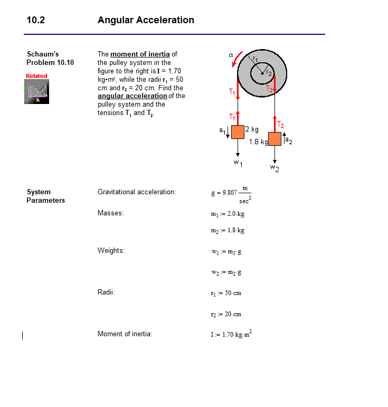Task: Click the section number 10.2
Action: click(x=36, y=21)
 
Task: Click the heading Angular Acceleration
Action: click(x=146, y=21)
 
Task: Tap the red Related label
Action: click(x=36, y=76)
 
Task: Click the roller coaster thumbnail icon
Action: click(x=36, y=93)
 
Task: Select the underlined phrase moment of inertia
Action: click(x=140, y=54)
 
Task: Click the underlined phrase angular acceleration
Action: click(x=132, y=96)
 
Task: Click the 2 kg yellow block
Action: click(x=238, y=131)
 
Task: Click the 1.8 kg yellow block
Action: click(x=275, y=139)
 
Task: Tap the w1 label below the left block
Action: click(x=238, y=163)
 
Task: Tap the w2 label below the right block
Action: click(x=275, y=168)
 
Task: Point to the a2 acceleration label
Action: click(x=289, y=140)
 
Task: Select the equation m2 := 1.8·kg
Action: click(x=228, y=230)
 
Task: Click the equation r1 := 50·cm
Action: click(x=226, y=293)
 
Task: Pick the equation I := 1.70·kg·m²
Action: click(x=232, y=334)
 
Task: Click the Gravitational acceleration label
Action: click(x=137, y=192)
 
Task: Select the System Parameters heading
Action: click(x=45, y=196)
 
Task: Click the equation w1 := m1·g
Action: click(x=226, y=252)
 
